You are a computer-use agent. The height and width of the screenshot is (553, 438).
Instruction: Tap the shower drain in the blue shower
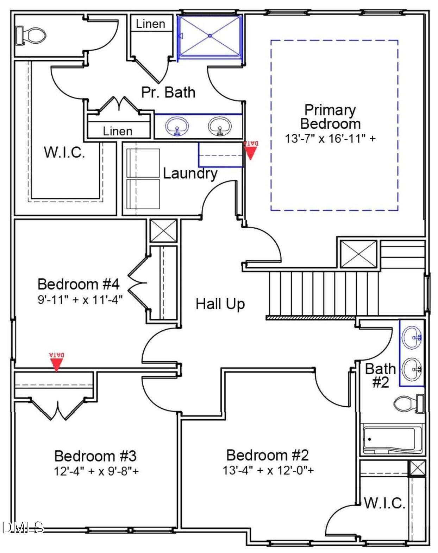[210, 36]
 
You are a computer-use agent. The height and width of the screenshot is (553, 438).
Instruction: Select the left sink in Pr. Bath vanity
[177, 126]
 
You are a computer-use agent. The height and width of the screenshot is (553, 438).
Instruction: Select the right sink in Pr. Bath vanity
[220, 126]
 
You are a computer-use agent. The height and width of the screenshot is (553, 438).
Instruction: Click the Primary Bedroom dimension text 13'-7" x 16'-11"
[330, 139]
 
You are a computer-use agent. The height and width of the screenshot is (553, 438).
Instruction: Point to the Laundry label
[190, 173]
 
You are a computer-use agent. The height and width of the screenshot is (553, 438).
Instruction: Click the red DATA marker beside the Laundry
[250, 150]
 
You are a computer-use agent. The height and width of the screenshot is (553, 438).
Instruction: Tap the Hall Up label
[220, 304]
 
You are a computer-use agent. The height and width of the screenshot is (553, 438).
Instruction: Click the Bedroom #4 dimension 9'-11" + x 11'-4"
[80, 300]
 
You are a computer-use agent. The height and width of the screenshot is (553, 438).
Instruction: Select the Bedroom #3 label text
[95, 456]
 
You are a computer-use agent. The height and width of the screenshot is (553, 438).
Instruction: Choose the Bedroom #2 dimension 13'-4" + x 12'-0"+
[268, 470]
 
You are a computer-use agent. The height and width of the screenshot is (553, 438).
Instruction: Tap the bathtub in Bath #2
[392, 439]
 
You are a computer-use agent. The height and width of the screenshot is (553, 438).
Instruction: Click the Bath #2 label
[380, 375]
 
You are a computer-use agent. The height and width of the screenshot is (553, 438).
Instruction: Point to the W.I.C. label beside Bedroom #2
[384, 503]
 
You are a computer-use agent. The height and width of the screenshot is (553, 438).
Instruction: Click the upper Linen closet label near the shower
[151, 24]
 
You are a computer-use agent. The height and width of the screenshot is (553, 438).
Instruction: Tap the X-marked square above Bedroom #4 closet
[164, 231]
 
